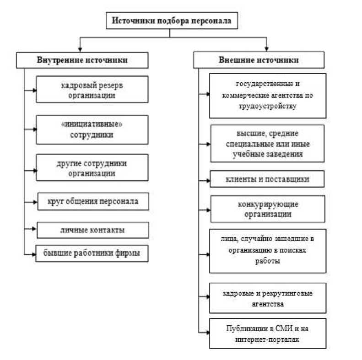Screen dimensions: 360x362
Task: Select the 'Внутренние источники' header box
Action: coord(82,60)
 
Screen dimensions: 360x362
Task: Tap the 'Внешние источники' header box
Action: coord(259,60)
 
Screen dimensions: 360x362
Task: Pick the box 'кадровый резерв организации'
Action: coord(92,90)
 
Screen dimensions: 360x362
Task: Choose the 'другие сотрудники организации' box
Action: coord(92,167)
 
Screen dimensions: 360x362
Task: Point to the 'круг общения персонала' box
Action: coord(92,201)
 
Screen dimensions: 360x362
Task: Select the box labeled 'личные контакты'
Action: coord(92,230)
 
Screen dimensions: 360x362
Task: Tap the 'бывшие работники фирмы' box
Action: coord(92,253)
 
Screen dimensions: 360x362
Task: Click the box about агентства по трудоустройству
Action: coord(268,95)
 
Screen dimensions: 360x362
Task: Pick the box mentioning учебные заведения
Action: coord(268,143)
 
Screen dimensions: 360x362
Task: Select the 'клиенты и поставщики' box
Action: coord(268,179)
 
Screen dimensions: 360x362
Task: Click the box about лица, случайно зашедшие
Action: coord(268,250)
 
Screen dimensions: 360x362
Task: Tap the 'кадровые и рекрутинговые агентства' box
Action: coord(268,298)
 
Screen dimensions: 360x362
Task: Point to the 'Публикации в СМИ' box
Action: coord(268,333)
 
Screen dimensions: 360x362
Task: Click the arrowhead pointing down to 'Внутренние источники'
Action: coord(81,48)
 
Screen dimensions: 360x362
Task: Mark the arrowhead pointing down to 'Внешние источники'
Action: coord(266,48)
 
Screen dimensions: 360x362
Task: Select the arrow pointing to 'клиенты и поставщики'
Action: coord(205,179)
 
